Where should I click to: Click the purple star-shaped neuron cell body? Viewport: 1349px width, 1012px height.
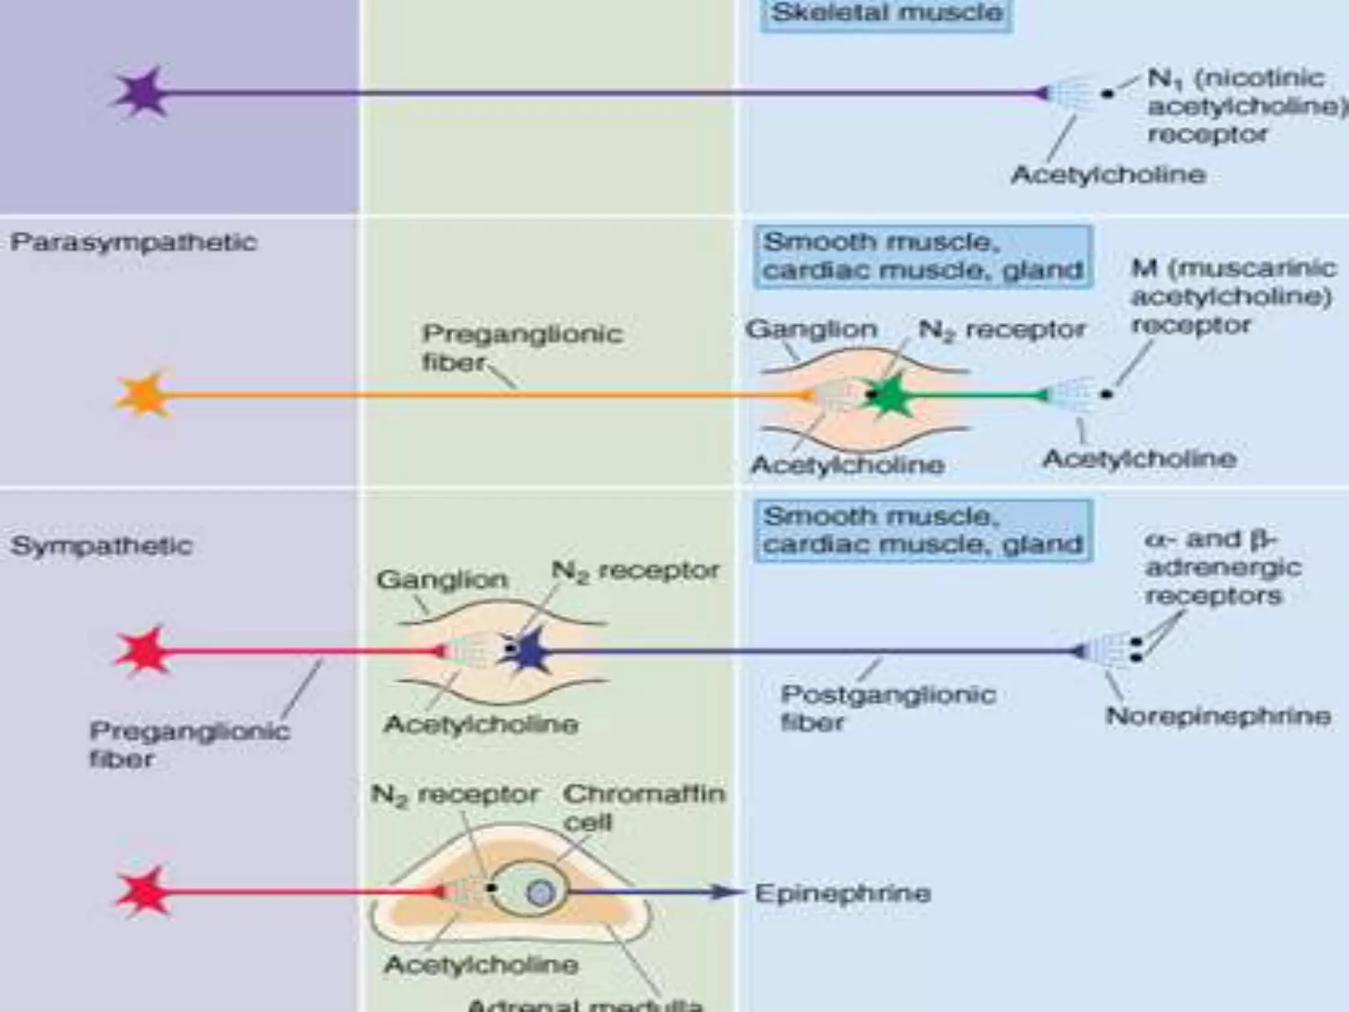pyautogui.click(x=141, y=93)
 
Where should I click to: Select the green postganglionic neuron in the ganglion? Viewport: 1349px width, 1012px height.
pyautogui.click(x=889, y=395)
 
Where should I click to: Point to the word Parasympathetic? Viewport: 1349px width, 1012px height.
pyautogui.click(x=134, y=242)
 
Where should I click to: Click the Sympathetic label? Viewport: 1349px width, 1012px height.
pyautogui.click(x=101, y=546)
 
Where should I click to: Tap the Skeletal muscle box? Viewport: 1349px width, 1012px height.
pyautogui.click(x=886, y=13)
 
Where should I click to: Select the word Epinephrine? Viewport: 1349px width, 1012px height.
pyautogui.click(x=842, y=893)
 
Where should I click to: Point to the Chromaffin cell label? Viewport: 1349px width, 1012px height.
pyautogui.click(x=644, y=807)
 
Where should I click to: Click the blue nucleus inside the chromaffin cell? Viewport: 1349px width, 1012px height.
pyautogui.click(x=541, y=893)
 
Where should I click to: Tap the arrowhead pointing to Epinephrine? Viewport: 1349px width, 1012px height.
pyautogui.click(x=727, y=893)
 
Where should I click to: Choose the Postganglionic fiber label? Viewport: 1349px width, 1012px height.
pyautogui.click(x=887, y=708)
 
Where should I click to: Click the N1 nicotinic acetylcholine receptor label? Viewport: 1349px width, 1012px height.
pyautogui.click(x=1238, y=106)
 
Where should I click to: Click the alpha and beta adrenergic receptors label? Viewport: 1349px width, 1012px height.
pyautogui.click(x=1223, y=567)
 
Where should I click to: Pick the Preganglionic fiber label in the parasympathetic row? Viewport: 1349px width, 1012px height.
pyautogui.click(x=522, y=347)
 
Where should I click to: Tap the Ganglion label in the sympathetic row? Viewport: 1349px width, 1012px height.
pyautogui.click(x=443, y=580)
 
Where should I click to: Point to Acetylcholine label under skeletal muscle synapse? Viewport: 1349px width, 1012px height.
pyautogui.click(x=1109, y=175)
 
